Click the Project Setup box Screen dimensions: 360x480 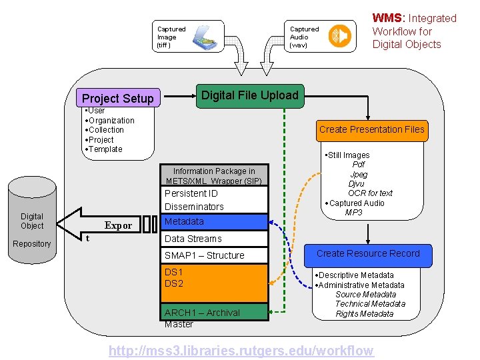click(x=117, y=98)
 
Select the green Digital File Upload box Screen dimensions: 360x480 click(x=249, y=95)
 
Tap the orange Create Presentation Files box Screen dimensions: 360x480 click(x=371, y=129)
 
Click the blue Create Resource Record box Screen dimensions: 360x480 click(x=368, y=254)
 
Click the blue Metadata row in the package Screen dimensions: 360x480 click(x=214, y=221)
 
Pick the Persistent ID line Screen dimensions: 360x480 click(x=191, y=193)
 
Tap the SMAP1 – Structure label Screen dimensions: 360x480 click(x=204, y=255)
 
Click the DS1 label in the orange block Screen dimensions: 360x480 click(x=173, y=272)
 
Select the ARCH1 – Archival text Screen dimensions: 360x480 click(x=202, y=313)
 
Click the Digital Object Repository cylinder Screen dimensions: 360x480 click(x=32, y=220)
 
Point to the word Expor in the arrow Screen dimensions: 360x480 click(x=118, y=225)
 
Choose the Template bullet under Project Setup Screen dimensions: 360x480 click(x=105, y=149)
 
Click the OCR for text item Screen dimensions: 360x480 click(x=370, y=193)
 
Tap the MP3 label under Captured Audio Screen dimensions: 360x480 click(x=354, y=213)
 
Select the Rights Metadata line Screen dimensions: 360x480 click(x=365, y=314)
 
